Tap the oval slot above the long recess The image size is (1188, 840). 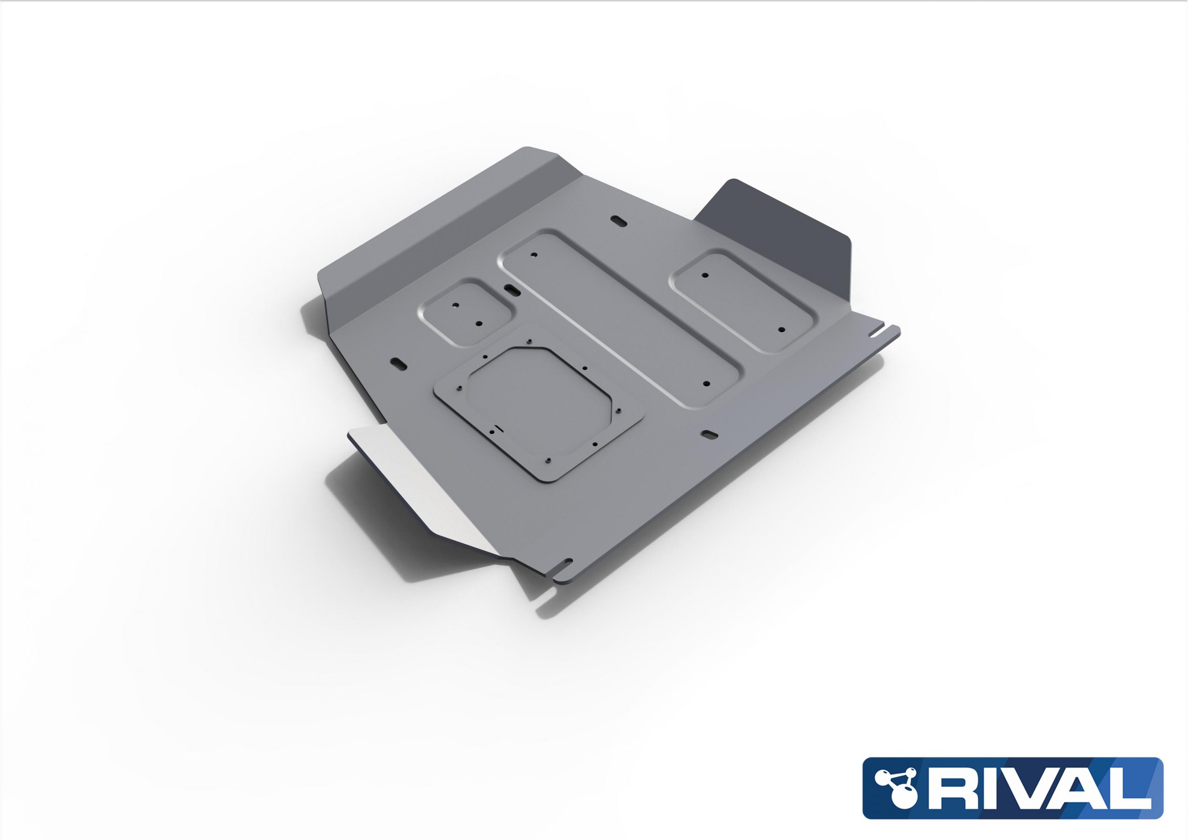coord(618,220)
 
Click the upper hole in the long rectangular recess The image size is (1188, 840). coord(534,255)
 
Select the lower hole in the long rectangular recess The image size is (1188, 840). coord(707,384)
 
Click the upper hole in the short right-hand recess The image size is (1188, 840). coord(704,275)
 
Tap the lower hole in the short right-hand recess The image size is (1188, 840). coord(781,330)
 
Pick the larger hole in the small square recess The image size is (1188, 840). coord(478,323)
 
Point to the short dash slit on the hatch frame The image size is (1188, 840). coord(498,427)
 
